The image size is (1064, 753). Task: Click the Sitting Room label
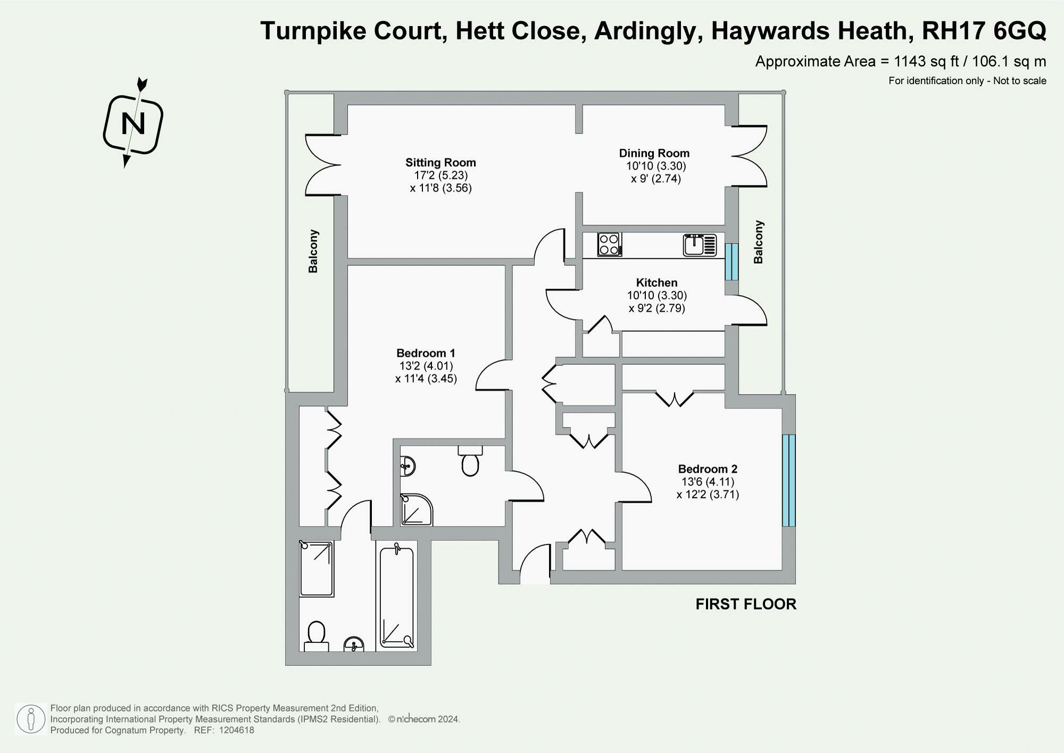pyautogui.click(x=440, y=163)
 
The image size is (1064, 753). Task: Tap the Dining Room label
pyautogui.click(x=654, y=153)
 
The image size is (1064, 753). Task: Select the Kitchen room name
pyautogui.click(x=656, y=283)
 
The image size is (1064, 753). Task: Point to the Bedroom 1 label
pyautogui.click(x=426, y=353)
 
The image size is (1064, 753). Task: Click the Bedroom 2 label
pyautogui.click(x=708, y=469)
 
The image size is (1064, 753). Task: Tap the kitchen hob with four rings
pyautogui.click(x=610, y=245)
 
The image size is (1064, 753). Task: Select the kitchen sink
pyautogui.click(x=700, y=245)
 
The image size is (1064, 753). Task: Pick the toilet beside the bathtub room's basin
pyautogui.click(x=317, y=635)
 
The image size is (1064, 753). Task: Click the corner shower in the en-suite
pyautogui.click(x=416, y=510)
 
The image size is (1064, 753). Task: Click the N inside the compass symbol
pyautogui.click(x=133, y=124)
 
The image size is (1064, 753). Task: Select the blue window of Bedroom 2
pyautogui.click(x=788, y=480)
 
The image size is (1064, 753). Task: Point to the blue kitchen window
pyautogui.click(x=731, y=262)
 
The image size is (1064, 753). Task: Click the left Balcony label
pyautogui.click(x=313, y=252)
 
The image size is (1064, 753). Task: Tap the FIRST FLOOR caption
pyautogui.click(x=746, y=604)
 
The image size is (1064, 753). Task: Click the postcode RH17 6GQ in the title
pyautogui.click(x=984, y=31)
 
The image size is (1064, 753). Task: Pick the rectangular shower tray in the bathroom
pyautogui.click(x=317, y=568)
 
